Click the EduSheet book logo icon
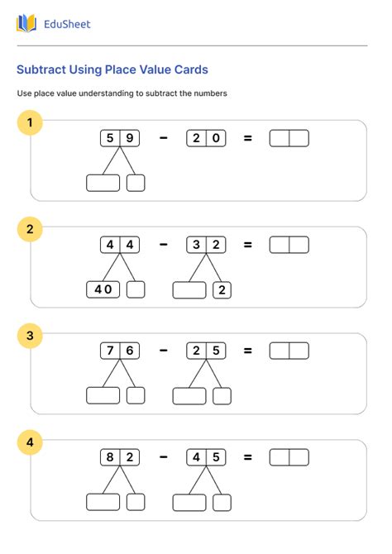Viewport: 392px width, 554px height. (x=26, y=24)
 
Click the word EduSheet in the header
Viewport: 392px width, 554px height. (x=66, y=24)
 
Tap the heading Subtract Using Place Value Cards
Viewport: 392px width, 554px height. (x=112, y=70)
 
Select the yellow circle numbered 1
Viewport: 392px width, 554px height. (x=30, y=124)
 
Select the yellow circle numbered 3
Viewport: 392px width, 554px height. (x=30, y=336)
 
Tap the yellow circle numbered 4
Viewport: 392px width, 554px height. (x=30, y=442)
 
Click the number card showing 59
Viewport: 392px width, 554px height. (x=120, y=138)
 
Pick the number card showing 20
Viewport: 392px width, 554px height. (x=206, y=138)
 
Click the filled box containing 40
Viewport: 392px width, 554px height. (x=103, y=289)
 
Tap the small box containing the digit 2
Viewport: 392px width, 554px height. (x=222, y=289)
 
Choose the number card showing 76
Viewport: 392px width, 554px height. (x=120, y=351)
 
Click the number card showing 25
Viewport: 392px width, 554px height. (x=206, y=351)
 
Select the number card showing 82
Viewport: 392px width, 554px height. (x=120, y=457)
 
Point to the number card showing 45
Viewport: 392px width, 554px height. (x=206, y=457)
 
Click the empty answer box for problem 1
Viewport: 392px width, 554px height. (x=289, y=138)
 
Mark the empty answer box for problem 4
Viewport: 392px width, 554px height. (x=289, y=457)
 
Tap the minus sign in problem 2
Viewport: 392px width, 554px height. (x=163, y=245)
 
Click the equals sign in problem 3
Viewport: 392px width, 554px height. (x=247, y=351)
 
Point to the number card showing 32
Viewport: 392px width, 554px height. (x=206, y=245)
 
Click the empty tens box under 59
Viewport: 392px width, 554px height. (x=103, y=183)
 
